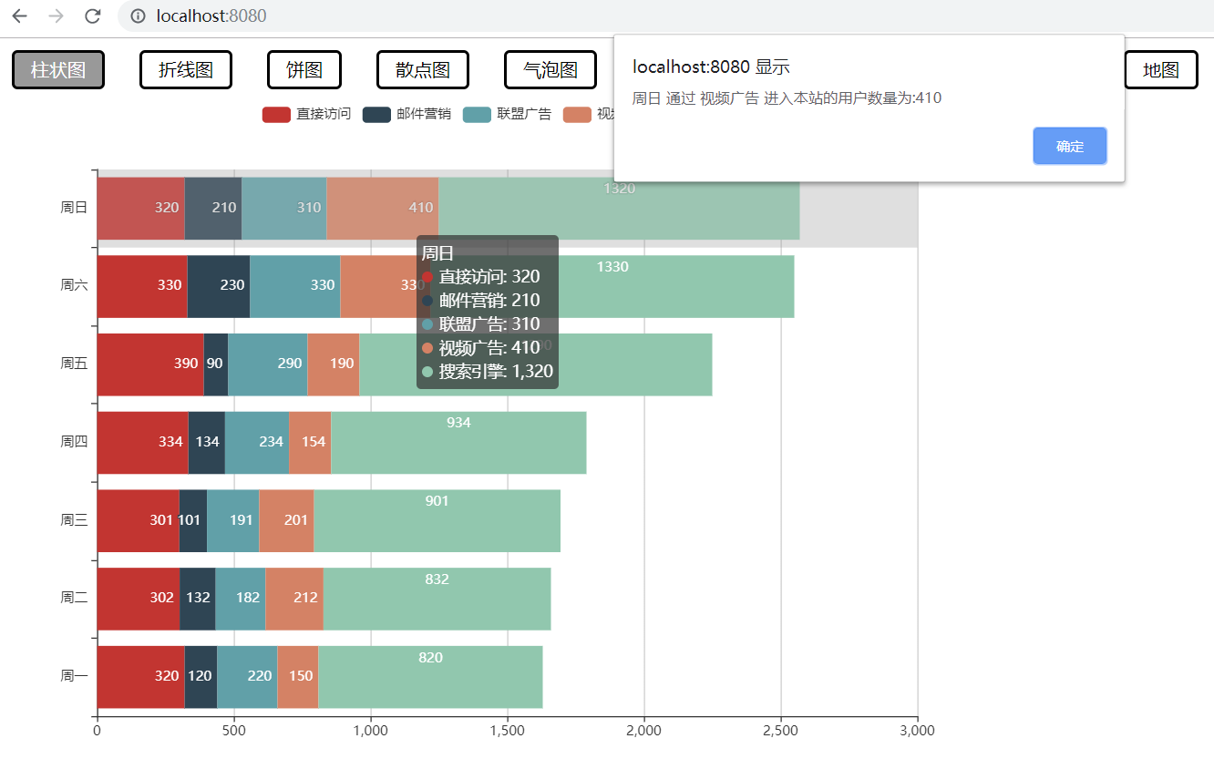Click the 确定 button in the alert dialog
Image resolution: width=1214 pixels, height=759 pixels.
click(1069, 146)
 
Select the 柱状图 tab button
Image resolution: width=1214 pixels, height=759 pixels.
click(58, 70)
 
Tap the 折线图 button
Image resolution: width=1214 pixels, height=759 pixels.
click(186, 70)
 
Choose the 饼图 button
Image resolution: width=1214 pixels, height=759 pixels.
click(304, 70)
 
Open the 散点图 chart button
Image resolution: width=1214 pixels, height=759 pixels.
click(423, 70)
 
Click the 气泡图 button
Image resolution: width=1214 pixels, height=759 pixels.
click(550, 70)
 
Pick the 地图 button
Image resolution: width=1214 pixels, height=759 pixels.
click(1161, 70)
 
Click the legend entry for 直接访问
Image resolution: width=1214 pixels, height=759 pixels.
click(306, 114)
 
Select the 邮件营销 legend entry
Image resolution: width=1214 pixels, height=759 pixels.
click(406, 114)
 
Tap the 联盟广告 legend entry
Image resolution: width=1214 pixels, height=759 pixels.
click(507, 114)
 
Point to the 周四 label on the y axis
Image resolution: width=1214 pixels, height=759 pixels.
click(74, 442)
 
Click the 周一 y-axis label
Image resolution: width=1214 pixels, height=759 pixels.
click(74, 676)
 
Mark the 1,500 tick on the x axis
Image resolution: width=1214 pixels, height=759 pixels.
click(507, 730)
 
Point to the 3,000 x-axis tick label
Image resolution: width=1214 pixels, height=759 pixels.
click(916, 730)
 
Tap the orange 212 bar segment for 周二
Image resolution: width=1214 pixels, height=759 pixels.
click(294, 599)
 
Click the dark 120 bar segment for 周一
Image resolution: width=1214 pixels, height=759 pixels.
click(201, 677)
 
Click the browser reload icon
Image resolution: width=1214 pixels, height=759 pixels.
click(92, 16)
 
